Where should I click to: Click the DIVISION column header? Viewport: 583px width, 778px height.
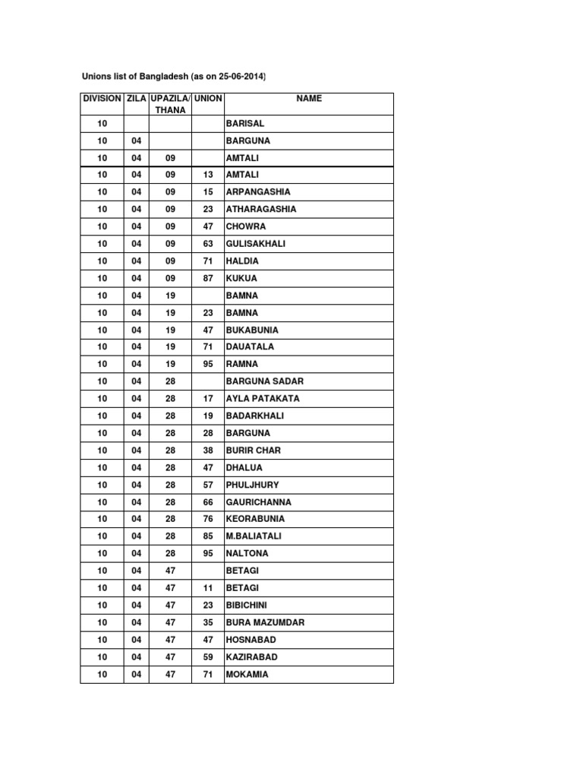click(102, 99)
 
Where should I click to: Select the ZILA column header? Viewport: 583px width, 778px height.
click(137, 99)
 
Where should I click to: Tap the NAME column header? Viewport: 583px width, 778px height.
click(309, 99)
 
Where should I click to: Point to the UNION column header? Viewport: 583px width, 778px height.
click(208, 99)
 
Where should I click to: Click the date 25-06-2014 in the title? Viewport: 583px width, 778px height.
click(242, 77)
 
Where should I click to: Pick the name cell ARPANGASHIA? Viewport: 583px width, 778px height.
click(258, 192)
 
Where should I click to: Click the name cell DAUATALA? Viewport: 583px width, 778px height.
click(251, 347)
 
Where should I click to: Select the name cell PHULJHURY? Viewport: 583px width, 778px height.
click(253, 485)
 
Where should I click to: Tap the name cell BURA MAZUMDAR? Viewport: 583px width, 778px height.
click(265, 622)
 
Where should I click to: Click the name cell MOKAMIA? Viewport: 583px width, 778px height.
click(247, 674)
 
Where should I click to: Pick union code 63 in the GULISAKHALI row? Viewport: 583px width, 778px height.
click(208, 244)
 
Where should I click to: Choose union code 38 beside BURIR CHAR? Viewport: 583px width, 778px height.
click(208, 451)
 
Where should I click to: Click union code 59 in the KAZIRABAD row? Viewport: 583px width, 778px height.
click(208, 656)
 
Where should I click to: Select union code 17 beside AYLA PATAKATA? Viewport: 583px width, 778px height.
click(208, 399)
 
